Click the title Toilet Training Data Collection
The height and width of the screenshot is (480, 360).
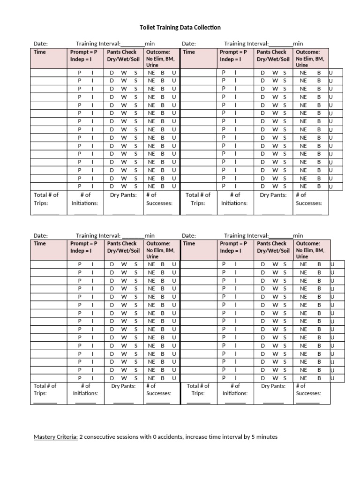pos(180,28)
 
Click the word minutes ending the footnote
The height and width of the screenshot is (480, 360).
pos(266,437)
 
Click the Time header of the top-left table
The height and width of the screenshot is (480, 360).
pos(40,52)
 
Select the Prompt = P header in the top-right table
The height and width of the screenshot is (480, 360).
pos(233,52)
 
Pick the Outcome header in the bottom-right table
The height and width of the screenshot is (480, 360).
pos(308,243)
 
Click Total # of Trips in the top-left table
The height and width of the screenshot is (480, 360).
pos(46,199)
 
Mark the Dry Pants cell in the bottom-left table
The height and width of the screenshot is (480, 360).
pos(123,386)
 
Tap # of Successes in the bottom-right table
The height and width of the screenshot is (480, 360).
pos(308,390)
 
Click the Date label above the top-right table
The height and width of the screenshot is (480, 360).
pos(188,44)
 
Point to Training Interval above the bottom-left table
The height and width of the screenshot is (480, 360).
pos(98,235)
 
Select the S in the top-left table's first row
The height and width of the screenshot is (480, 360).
pos(136,73)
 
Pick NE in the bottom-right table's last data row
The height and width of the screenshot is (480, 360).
pos(304,378)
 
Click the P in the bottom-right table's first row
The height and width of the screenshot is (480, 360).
pos(224,264)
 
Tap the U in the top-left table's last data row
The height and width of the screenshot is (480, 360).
pos(174,186)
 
